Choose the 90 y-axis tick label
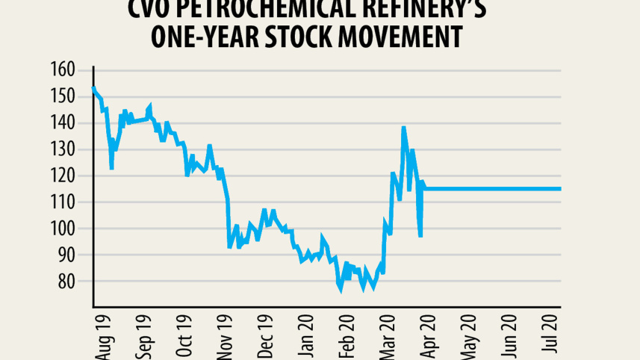(66, 255)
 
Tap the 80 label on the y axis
(66, 282)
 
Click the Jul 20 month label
(552, 338)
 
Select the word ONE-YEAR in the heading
(211, 37)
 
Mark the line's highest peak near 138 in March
(403, 128)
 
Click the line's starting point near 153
(93, 88)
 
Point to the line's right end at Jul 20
(560, 189)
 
